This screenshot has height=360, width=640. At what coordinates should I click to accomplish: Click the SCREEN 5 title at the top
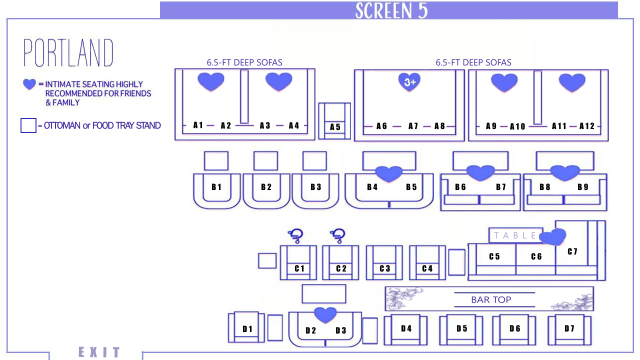391,10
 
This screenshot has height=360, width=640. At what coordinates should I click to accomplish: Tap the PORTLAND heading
68,53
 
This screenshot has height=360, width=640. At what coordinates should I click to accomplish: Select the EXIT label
99,352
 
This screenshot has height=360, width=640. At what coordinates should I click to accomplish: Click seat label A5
335,127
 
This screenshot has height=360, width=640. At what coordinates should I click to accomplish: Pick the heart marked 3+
409,82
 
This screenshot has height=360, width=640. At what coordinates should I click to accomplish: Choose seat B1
216,187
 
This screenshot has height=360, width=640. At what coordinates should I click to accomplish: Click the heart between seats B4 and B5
389,173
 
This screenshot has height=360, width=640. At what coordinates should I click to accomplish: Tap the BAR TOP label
491,299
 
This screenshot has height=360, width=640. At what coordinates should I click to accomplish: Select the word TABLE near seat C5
515,235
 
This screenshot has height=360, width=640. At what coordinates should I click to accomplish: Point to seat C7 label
572,251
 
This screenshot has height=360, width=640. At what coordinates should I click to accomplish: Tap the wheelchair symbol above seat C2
338,234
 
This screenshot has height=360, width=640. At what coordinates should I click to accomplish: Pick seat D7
569,328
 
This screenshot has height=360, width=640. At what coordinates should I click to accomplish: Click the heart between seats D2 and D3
325,314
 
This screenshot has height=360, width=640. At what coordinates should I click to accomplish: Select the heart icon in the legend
29,84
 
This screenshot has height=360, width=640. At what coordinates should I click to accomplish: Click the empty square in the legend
28,125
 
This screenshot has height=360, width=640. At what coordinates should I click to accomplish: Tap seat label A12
587,126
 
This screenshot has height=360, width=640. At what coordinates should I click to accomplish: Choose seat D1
247,329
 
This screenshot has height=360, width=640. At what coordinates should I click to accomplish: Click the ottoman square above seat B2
265,161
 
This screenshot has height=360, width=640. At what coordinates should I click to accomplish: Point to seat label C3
384,268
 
